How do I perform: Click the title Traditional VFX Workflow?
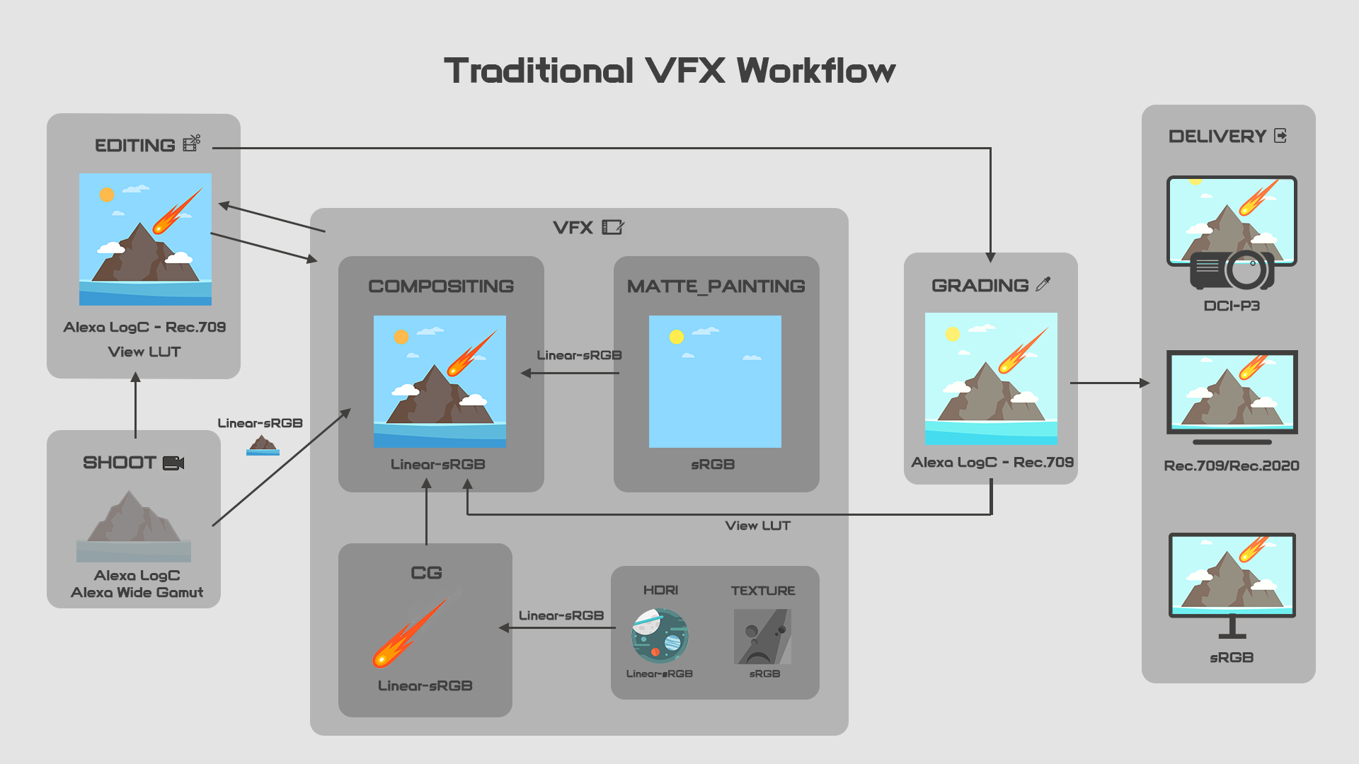(670, 71)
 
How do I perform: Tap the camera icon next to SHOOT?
(173, 463)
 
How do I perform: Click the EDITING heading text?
(135, 146)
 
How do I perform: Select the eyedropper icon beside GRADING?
(1043, 284)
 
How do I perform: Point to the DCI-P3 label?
(1232, 306)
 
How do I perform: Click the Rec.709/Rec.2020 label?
(1232, 465)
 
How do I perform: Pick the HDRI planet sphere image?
(660, 635)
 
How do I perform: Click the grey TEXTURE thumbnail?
(762, 637)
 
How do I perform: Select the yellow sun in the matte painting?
(677, 337)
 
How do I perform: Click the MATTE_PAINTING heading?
(716, 286)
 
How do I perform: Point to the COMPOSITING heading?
(441, 286)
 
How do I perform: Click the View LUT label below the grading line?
(758, 526)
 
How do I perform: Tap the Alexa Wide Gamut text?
(137, 593)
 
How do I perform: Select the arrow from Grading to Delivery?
(1110, 383)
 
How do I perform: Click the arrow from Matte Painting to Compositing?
(570, 373)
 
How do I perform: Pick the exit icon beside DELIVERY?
(1280, 136)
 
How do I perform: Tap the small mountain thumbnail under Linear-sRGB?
(263, 445)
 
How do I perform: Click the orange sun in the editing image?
(107, 195)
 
